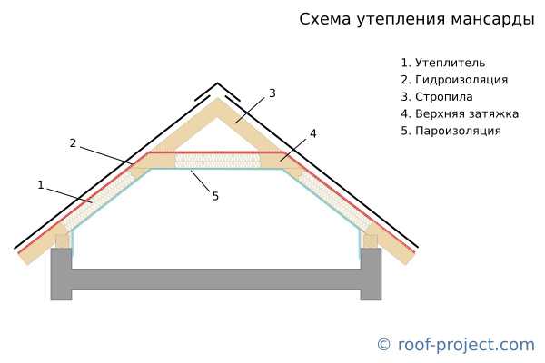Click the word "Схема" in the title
pos(323,19)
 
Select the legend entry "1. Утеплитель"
pos(443,63)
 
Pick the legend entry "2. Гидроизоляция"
pos(454,80)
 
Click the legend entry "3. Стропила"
pos(437,97)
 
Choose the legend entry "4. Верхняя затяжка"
pos(460,113)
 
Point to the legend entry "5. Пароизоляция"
pos(451,131)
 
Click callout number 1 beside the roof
pos(40,185)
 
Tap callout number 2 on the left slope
pos(73,143)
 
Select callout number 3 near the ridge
pos(272,93)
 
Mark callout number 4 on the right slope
pos(312,133)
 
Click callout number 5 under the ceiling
pos(215,196)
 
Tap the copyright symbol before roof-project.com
pos(383,345)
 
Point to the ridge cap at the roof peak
pos(218,89)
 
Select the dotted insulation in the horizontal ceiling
pos(218,161)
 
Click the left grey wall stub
pos(61,273)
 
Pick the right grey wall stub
pos(371,273)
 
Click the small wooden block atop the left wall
pos(62,241)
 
